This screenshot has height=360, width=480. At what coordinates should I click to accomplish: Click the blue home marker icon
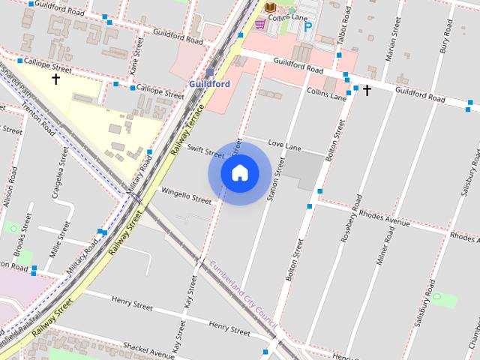coord(240,173)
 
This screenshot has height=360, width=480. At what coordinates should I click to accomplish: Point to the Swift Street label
coord(205,151)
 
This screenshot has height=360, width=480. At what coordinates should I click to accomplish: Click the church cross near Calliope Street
coord(55,77)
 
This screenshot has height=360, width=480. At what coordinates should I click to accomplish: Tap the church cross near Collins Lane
coord(367,91)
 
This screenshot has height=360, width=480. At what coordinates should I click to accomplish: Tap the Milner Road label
coord(387,250)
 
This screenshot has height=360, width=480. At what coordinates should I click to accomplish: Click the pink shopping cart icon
coord(259,24)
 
